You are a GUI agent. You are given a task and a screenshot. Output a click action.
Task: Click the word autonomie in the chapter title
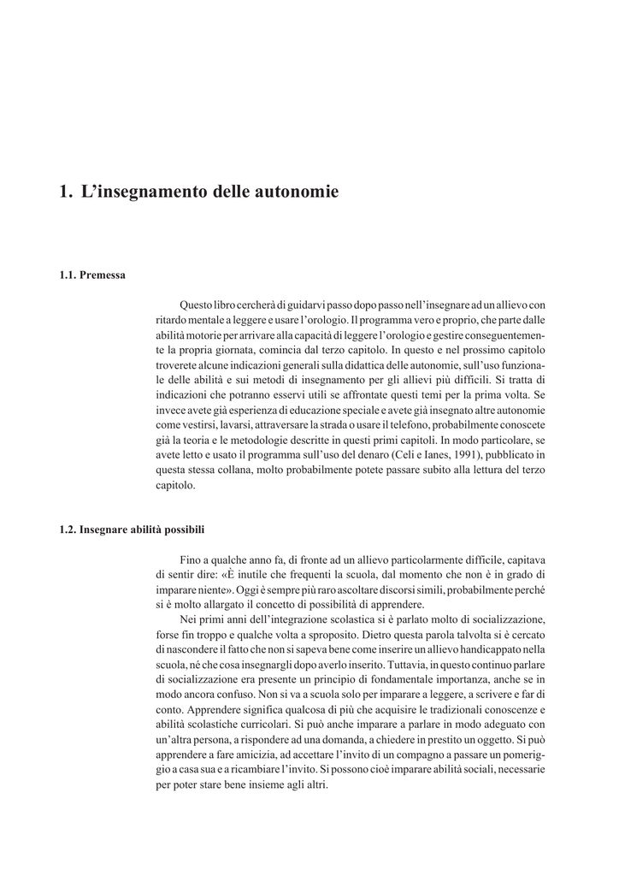[298, 192]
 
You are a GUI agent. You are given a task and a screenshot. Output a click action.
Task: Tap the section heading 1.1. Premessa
[92, 275]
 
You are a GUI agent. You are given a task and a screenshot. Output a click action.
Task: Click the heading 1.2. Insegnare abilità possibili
[132, 529]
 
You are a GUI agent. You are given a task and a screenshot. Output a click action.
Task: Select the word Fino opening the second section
[190, 559]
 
